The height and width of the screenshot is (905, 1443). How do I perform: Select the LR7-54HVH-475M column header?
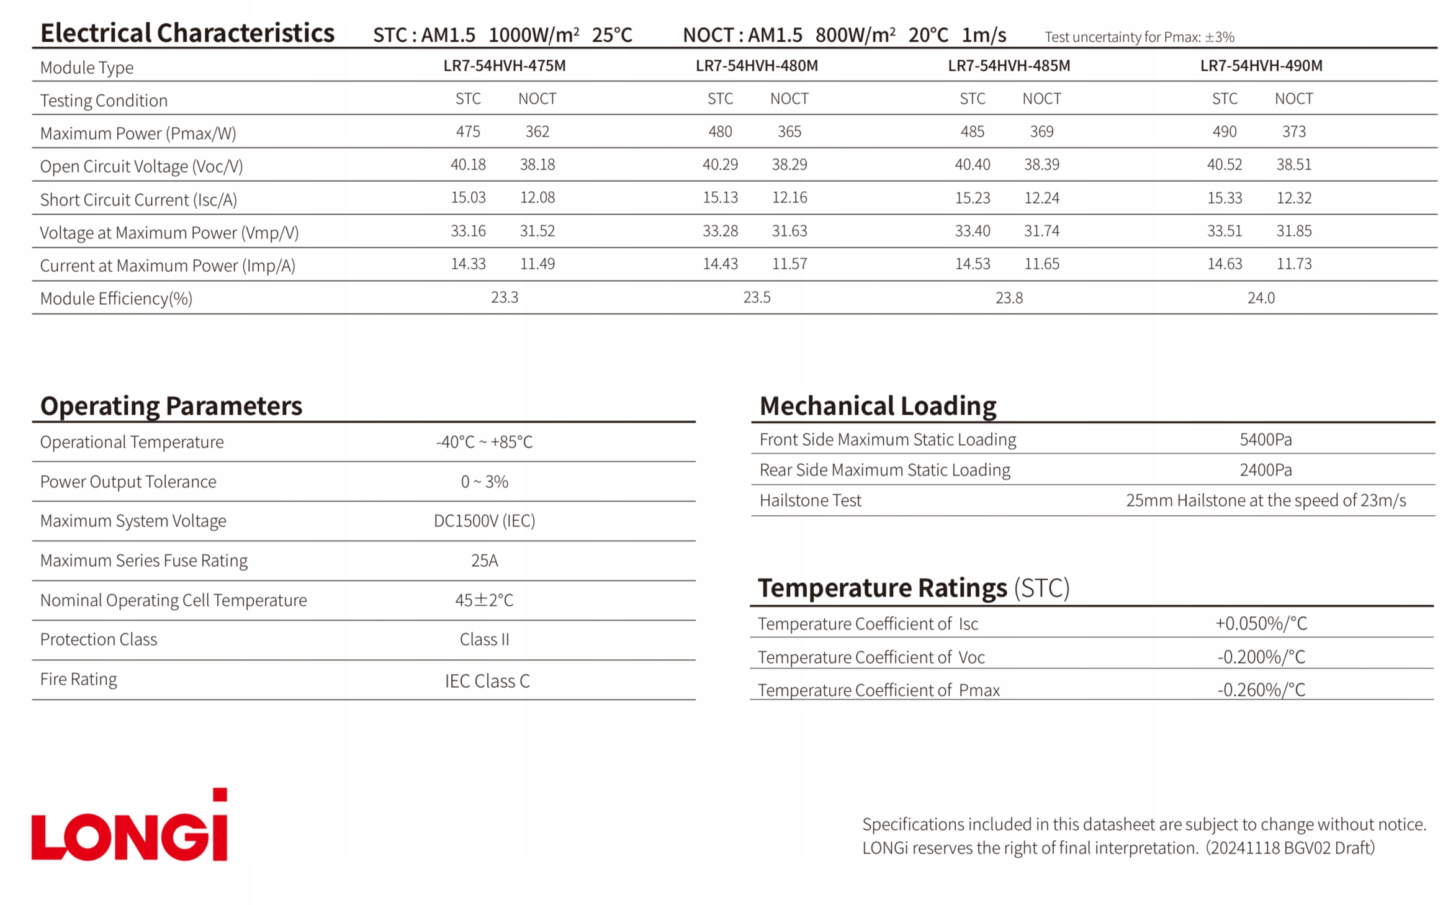click(x=504, y=66)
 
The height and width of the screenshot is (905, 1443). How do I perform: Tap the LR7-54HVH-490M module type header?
click(x=1261, y=66)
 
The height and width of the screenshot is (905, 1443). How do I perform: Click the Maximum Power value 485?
click(x=972, y=132)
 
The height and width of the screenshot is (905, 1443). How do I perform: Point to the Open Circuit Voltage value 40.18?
click(x=468, y=164)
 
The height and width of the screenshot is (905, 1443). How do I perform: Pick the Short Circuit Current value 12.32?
click(x=1293, y=198)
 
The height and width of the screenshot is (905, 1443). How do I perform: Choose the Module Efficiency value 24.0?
click(x=1261, y=298)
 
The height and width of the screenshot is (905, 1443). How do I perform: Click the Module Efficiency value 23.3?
click(x=504, y=298)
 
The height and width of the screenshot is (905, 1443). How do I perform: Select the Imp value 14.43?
click(x=720, y=264)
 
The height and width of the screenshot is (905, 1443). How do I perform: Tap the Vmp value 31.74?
click(x=1041, y=231)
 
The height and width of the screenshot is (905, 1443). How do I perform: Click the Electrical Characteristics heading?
click(x=187, y=33)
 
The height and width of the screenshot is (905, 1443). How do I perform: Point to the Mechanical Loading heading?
click(x=878, y=406)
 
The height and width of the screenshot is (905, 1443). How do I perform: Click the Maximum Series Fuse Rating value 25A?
click(x=484, y=561)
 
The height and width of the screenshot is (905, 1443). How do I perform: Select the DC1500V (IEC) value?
click(x=484, y=521)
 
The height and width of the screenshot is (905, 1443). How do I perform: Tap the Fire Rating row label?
click(x=79, y=679)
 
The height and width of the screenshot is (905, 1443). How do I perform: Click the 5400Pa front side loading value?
click(x=1265, y=439)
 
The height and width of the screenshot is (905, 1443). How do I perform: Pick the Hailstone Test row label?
click(x=810, y=500)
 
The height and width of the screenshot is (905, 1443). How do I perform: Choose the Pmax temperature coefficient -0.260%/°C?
click(x=1261, y=690)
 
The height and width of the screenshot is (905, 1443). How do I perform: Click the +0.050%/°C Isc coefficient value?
click(x=1261, y=623)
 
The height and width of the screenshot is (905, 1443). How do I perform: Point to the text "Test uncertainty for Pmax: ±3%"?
click(x=1139, y=37)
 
